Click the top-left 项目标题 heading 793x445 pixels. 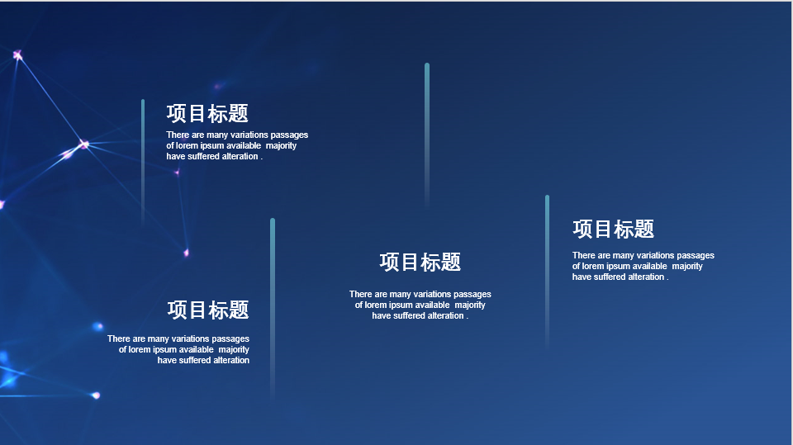pyautogui.click(x=207, y=114)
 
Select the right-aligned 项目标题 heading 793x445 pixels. pyautogui.click(x=208, y=310)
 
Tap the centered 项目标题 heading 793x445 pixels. pyautogui.click(x=420, y=262)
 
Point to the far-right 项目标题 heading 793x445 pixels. pyautogui.click(x=614, y=229)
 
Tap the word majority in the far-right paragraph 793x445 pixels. pyautogui.click(x=687, y=267)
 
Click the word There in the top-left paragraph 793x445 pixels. pyautogui.click(x=178, y=135)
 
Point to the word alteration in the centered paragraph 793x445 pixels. pyautogui.click(x=444, y=315)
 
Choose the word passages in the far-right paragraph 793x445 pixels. pyautogui.click(x=696, y=255)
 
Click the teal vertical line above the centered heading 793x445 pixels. pyautogui.click(x=427, y=135)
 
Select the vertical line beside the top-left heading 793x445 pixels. pyautogui.click(x=143, y=162)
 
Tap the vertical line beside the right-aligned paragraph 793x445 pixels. pyautogui.click(x=273, y=309)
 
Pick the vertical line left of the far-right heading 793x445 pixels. pyautogui.click(x=547, y=272)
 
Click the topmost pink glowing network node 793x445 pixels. pyautogui.click(x=17, y=54)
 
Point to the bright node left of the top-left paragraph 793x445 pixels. pyautogui.click(x=83, y=144)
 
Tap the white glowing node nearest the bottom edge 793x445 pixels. pyautogui.click(x=95, y=395)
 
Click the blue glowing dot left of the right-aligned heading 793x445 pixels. pyautogui.click(x=98, y=327)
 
